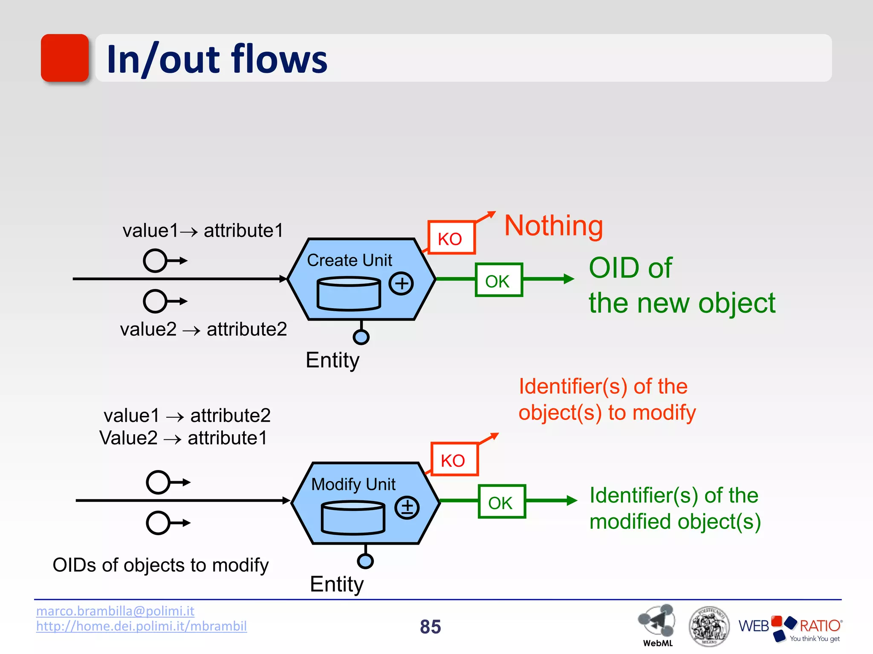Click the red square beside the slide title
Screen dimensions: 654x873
tap(65, 58)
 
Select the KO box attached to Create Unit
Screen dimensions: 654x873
tap(451, 238)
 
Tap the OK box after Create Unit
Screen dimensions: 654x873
tap(498, 280)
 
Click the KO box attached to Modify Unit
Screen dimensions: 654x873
tap(454, 459)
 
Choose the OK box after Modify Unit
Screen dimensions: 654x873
tap(501, 502)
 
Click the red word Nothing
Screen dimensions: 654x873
tap(553, 226)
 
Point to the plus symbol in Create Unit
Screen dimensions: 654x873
tap(401, 283)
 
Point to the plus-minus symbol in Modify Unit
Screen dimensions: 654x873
tap(407, 507)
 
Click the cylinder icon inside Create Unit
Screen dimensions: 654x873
tap(349, 294)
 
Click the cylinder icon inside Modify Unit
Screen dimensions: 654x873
tap(353, 518)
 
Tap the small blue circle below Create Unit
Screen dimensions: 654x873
tap(361, 337)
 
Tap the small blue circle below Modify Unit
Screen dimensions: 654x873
tap(365, 561)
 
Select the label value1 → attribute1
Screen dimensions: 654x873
tap(203, 231)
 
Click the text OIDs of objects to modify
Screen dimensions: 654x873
tap(161, 565)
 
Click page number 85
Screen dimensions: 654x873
tap(430, 627)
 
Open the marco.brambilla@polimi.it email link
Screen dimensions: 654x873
tap(115, 611)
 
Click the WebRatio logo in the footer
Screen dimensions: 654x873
tap(790, 628)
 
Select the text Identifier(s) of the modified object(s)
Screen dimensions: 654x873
tap(674, 509)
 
